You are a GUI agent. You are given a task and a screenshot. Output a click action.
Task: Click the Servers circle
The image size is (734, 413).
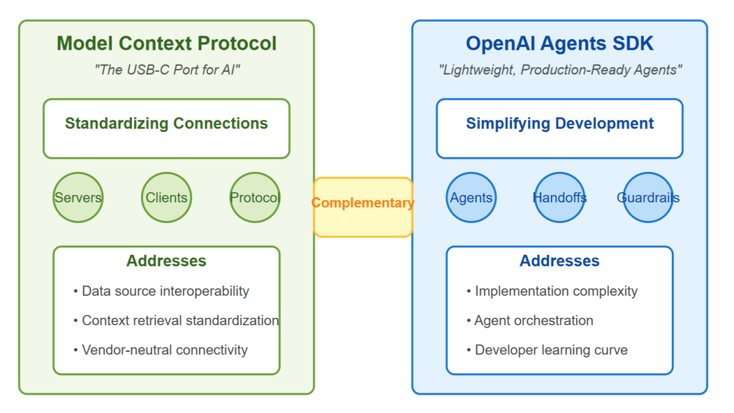click(x=78, y=197)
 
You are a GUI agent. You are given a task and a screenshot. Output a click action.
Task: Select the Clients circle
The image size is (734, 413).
click(x=166, y=197)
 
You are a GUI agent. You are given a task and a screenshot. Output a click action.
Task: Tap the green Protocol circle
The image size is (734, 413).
click(x=255, y=197)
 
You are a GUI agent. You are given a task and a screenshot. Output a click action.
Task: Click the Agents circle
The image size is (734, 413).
click(x=471, y=197)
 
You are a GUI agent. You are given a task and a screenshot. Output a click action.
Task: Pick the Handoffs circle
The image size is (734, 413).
click(x=560, y=197)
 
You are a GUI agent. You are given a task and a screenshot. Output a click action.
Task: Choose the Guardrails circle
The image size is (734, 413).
click(x=648, y=197)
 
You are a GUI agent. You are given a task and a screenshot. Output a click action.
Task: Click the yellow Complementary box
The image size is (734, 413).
click(x=363, y=206)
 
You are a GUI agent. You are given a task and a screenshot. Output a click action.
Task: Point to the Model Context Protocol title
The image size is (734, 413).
click(x=166, y=44)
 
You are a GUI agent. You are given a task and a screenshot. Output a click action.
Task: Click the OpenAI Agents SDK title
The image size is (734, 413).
click(x=560, y=44)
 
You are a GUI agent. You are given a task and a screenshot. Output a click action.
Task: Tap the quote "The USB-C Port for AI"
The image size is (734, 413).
click(x=166, y=70)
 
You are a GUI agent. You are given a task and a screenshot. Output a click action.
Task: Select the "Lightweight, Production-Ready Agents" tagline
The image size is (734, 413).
click(x=560, y=70)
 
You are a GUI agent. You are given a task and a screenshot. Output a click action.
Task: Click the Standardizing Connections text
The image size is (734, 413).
click(x=166, y=123)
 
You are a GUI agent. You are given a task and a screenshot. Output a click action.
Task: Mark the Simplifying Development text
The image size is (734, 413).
click(x=560, y=123)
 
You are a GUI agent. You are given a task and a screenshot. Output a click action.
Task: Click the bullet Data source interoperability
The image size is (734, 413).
click(x=165, y=291)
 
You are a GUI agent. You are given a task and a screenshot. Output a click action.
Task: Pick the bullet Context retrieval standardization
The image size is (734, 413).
click(x=180, y=321)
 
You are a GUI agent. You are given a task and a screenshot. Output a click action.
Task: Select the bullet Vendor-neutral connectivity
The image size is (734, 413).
click(x=165, y=350)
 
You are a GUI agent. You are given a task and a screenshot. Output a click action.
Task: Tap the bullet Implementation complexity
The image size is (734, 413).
click(x=556, y=291)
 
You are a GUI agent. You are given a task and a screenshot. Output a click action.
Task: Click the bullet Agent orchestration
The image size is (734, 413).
click(x=533, y=321)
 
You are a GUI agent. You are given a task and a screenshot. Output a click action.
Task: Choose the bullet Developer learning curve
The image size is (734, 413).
click(x=551, y=350)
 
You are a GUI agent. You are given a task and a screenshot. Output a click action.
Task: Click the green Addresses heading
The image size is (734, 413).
click(x=166, y=261)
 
